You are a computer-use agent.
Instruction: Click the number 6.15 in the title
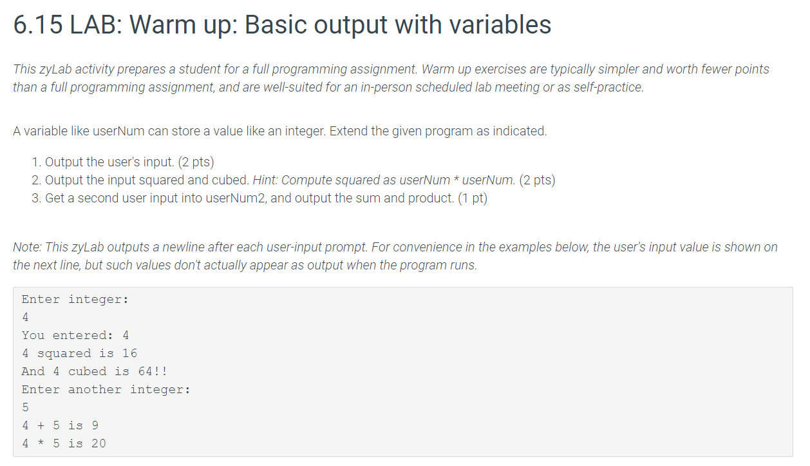pyautogui.click(x=37, y=24)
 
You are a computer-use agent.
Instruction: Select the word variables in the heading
pyautogui.click(x=500, y=24)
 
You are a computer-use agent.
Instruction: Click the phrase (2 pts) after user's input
pyautogui.click(x=196, y=162)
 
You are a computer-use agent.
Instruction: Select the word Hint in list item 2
pyautogui.click(x=265, y=180)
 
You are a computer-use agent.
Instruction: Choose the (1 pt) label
pyautogui.click(x=473, y=199)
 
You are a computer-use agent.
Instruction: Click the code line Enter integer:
pyautogui.click(x=75, y=300)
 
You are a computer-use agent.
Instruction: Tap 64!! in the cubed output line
pyautogui.click(x=153, y=371)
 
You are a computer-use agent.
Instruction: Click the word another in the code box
pyautogui.click(x=95, y=389)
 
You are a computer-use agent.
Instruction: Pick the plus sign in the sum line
pyautogui.click(x=41, y=426)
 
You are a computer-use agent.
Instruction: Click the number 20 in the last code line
pyautogui.click(x=99, y=443)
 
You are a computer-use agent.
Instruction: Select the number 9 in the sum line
pyautogui.click(x=95, y=425)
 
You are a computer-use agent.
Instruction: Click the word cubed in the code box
pyautogui.click(x=87, y=371)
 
